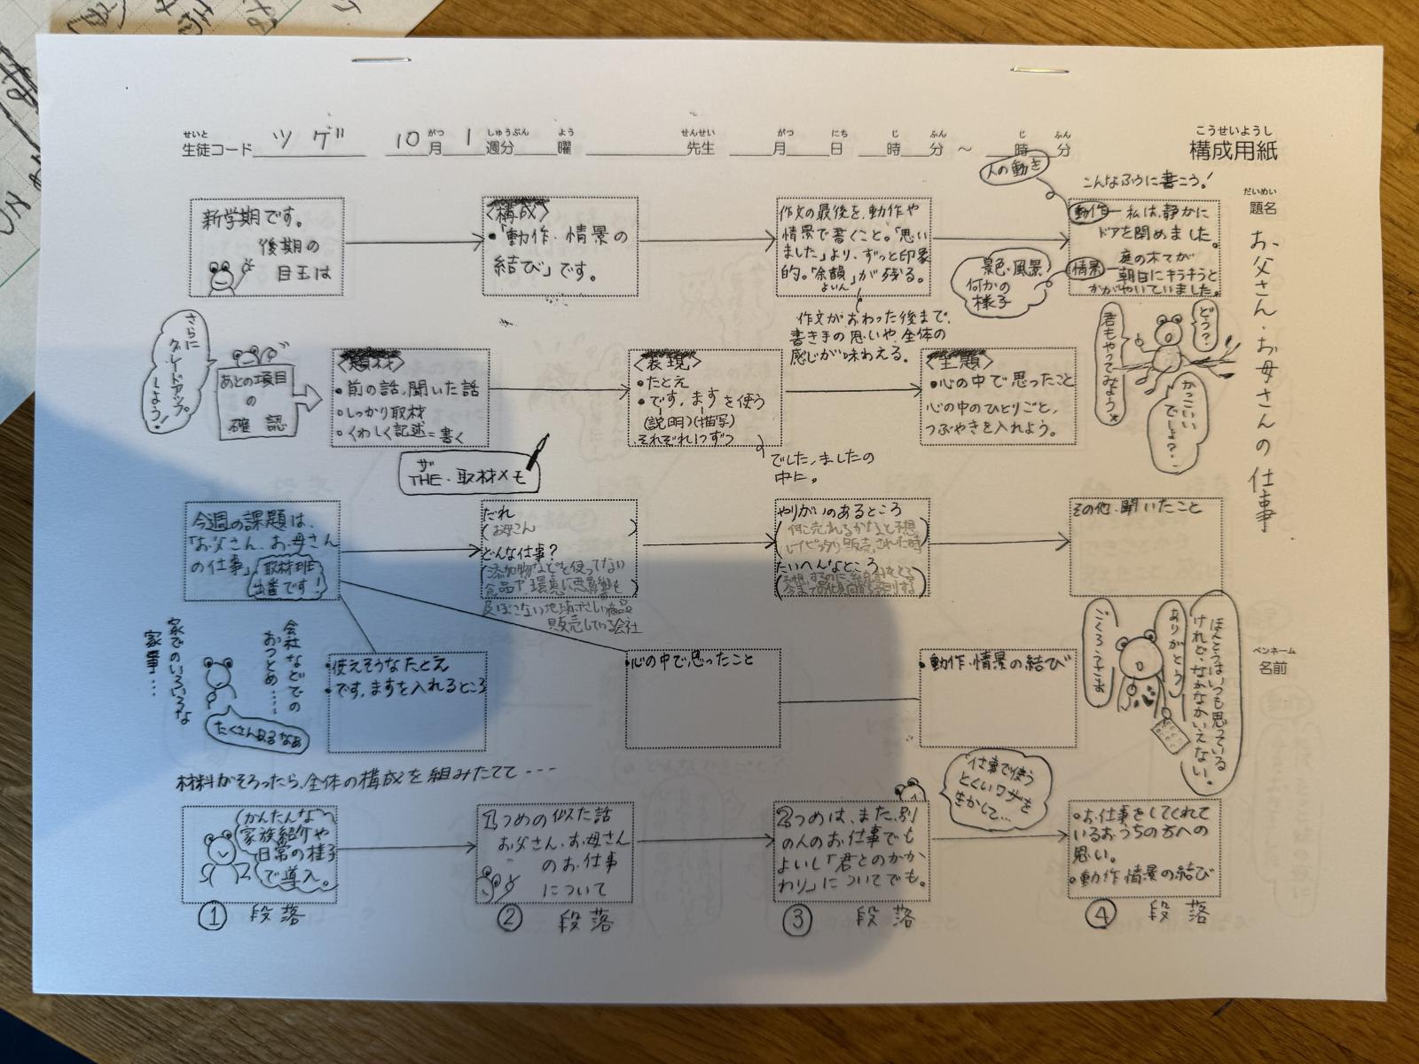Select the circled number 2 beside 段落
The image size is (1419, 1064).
509,919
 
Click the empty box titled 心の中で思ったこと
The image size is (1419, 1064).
702,700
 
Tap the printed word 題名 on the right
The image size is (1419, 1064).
1261,209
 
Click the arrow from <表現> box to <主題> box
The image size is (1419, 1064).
851,390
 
